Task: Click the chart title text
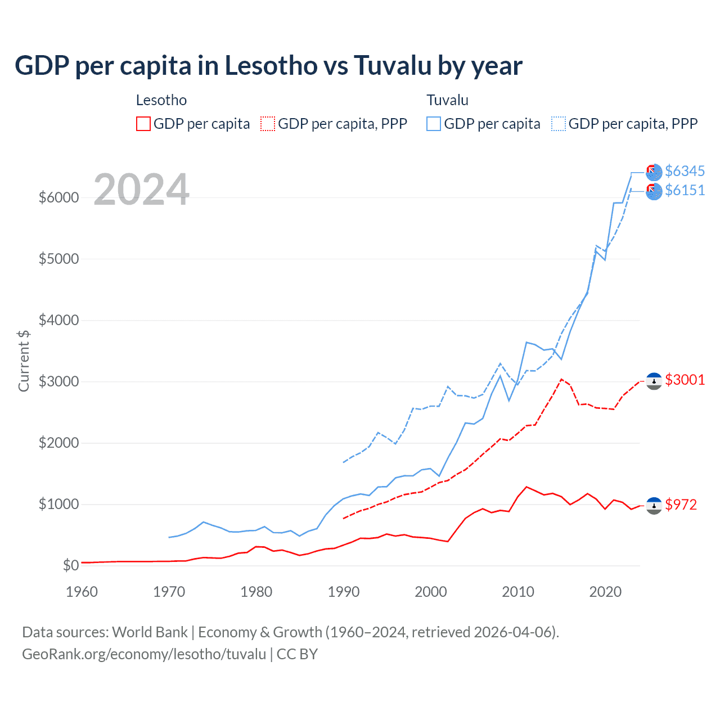(x=268, y=66)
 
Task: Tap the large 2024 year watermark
(x=141, y=190)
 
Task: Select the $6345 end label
(x=685, y=171)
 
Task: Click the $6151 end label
(x=685, y=190)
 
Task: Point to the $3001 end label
(x=685, y=380)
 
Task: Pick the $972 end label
(x=681, y=505)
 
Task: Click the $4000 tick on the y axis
(x=58, y=320)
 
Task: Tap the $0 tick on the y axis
(x=70, y=565)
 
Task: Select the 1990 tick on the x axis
(x=343, y=592)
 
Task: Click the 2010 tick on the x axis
(x=517, y=592)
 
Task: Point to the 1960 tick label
(x=82, y=592)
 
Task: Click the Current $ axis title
(x=24, y=361)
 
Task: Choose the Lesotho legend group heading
(x=161, y=100)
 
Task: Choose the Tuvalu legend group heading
(x=447, y=100)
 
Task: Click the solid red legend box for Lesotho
(x=143, y=124)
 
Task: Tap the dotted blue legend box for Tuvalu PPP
(x=559, y=124)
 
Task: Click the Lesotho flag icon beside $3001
(x=654, y=381)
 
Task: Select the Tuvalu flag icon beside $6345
(x=654, y=172)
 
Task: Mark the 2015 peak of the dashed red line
(x=561, y=379)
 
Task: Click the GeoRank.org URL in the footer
(x=144, y=654)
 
